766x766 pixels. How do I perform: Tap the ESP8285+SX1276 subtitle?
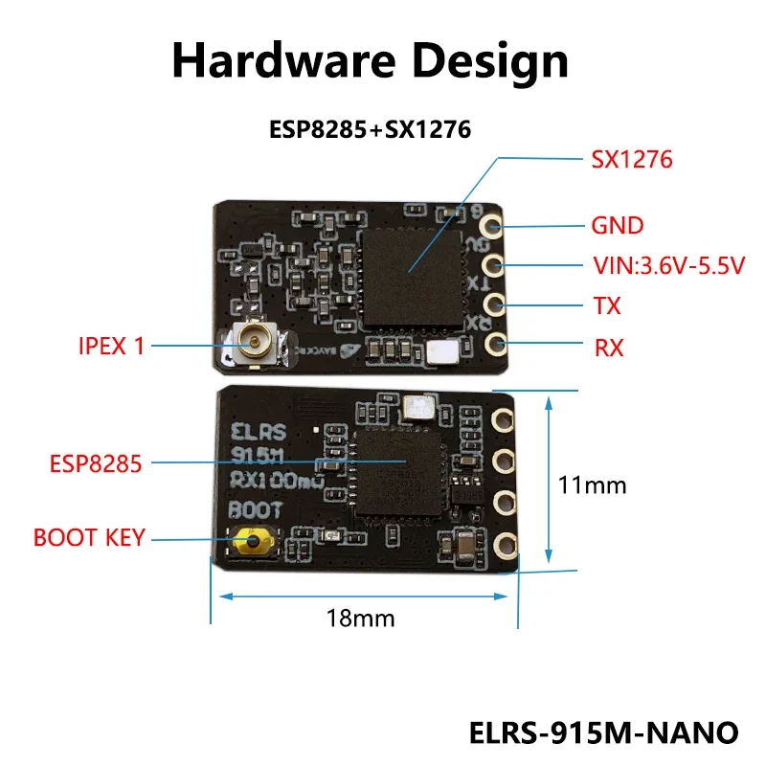click(x=370, y=129)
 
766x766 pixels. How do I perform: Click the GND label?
click(x=617, y=227)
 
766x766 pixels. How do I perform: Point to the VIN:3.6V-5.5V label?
click(x=667, y=266)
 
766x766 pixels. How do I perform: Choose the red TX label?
click(x=607, y=306)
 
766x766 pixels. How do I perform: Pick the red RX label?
click(x=609, y=348)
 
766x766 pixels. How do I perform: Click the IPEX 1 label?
click(x=111, y=346)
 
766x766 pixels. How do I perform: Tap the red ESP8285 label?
click(x=96, y=464)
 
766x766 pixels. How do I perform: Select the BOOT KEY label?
click(x=89, y=537)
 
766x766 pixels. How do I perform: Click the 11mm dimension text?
click(x=592, y=485)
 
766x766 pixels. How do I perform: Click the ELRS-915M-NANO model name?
click(x=604, y=732)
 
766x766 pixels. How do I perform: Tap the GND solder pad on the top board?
click(x=493, y=227)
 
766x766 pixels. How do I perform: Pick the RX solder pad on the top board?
click(x=493, y=343)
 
